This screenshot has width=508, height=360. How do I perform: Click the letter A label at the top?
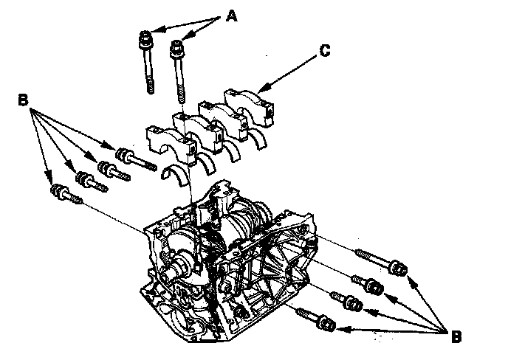click(231, 15)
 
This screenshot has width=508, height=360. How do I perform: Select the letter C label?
click(324, 51)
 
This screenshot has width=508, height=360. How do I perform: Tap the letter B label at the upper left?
click(23, 100)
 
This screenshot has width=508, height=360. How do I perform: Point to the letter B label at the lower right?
click(456, 336)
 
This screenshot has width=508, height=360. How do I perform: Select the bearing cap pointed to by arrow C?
click(250, 107)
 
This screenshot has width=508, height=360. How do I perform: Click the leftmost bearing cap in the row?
click(172, 142)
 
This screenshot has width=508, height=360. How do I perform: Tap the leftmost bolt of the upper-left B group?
click(66, 193)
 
